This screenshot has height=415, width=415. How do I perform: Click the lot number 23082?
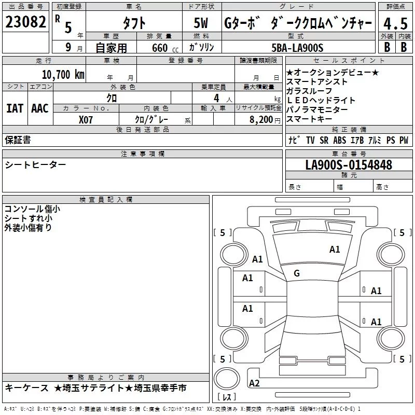coord(25,22)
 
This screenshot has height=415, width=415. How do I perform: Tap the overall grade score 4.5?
coord(395,23)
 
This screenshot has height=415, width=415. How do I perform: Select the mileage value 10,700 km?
coord(63,75)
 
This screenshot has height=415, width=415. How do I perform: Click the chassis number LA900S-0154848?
coord(349,165)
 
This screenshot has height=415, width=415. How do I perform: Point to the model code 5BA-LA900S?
coord(297,48)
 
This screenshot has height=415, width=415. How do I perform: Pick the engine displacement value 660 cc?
coord(165,48)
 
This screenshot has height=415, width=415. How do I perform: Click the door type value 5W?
coord(201,23)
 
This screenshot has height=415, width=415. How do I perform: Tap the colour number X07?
coord(86,120)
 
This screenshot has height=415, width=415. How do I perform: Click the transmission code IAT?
coord(15,108)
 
